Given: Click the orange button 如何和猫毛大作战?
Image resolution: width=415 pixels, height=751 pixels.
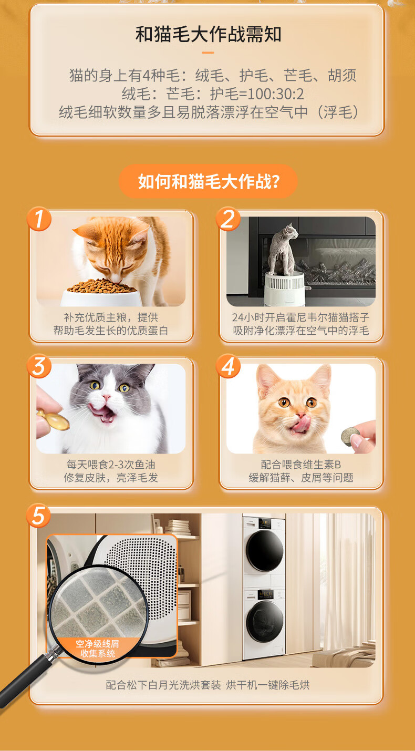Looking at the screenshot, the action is coord(208,181).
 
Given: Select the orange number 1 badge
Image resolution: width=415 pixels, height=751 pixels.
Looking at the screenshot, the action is coord(39,219).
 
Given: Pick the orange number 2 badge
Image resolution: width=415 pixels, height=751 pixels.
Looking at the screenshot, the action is coord(228,219).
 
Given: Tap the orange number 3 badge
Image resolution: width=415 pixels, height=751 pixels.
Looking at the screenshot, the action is coord(39,366).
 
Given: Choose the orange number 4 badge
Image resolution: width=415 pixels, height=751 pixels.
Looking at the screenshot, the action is coord(228,366).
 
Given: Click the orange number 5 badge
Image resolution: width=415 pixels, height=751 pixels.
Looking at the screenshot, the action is coord(38,515).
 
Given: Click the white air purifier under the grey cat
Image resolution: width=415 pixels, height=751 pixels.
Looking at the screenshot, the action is coord(285,289).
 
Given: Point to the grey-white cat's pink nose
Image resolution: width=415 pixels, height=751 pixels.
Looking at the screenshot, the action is coord(106,397).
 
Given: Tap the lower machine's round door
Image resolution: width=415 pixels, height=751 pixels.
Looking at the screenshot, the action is coord(265,621).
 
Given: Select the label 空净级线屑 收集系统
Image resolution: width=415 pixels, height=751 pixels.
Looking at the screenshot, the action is coord(97,649).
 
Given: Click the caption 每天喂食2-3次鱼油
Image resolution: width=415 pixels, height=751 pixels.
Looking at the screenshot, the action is coord(111,465).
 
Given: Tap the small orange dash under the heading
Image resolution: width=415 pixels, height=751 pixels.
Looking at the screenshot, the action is coord(208,53).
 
